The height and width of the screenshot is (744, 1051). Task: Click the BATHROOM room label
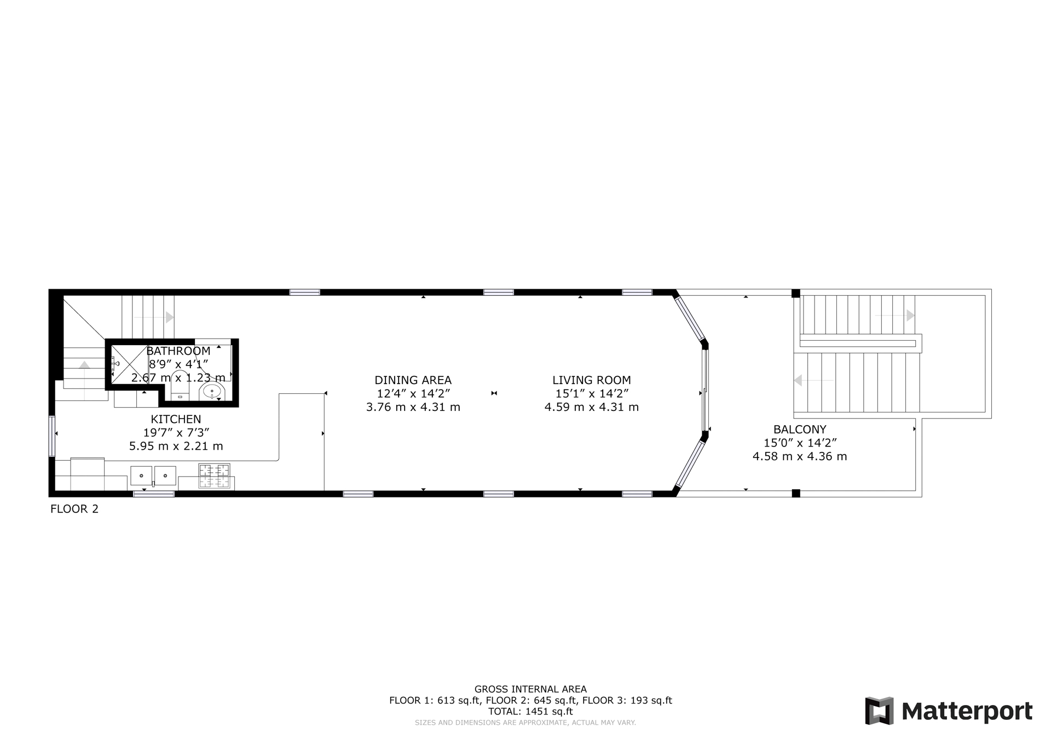coord(178,351)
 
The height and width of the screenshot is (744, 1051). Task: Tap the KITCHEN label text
coord(176,420)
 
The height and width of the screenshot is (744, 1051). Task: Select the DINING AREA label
coord(413,380)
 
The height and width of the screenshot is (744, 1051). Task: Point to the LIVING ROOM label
coord(591,380)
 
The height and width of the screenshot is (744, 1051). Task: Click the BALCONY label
coord(800,430)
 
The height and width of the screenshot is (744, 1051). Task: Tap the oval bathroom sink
coord(212,391)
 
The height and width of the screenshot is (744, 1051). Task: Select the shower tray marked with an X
coord(129,364)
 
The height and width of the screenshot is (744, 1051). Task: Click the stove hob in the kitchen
coord(214,476)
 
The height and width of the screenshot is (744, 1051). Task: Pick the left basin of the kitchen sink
coord(141,476)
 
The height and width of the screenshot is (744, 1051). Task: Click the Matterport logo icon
coord(879,711)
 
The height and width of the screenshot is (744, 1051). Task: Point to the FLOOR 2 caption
coord(74,509)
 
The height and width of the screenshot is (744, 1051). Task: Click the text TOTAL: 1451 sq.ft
coord(530,712)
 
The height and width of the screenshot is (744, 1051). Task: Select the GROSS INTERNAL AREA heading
coord(530,689)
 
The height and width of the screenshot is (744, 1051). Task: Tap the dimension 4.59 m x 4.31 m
coord(591,407)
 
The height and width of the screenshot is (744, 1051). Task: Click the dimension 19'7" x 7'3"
coord(176,433)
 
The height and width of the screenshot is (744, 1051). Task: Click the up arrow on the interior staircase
coord(84,364)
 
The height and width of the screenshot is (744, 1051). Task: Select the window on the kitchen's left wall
coord(52,436)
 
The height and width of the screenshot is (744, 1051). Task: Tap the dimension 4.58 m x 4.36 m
coord(800,456)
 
